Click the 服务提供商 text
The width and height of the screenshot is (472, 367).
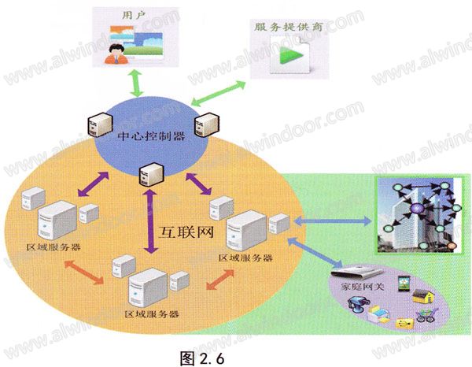pyautogui.click(x=276, y=25)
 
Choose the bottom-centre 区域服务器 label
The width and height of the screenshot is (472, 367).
pyautogui.click(x=152, y=313)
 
